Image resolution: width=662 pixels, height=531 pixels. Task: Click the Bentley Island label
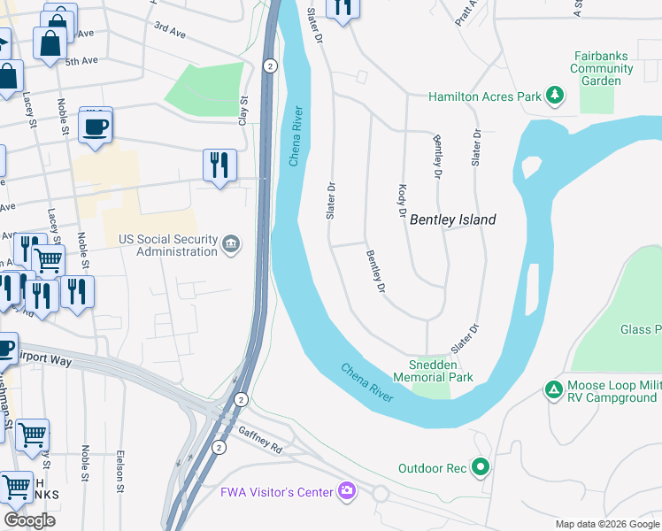452,219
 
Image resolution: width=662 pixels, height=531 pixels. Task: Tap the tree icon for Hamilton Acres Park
555,96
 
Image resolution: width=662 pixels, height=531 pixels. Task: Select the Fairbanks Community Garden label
601,68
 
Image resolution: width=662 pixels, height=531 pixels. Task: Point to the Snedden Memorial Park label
440,371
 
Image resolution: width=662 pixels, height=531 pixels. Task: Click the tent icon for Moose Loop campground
553,389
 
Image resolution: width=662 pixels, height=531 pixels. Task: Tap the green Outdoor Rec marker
481,466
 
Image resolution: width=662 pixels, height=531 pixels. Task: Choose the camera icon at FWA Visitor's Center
347,491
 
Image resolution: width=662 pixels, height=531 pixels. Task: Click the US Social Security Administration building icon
231,244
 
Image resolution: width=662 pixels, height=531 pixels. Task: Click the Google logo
29,520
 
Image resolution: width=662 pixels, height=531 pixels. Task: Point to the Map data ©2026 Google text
607,524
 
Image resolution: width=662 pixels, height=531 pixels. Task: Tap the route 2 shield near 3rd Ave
271,65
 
